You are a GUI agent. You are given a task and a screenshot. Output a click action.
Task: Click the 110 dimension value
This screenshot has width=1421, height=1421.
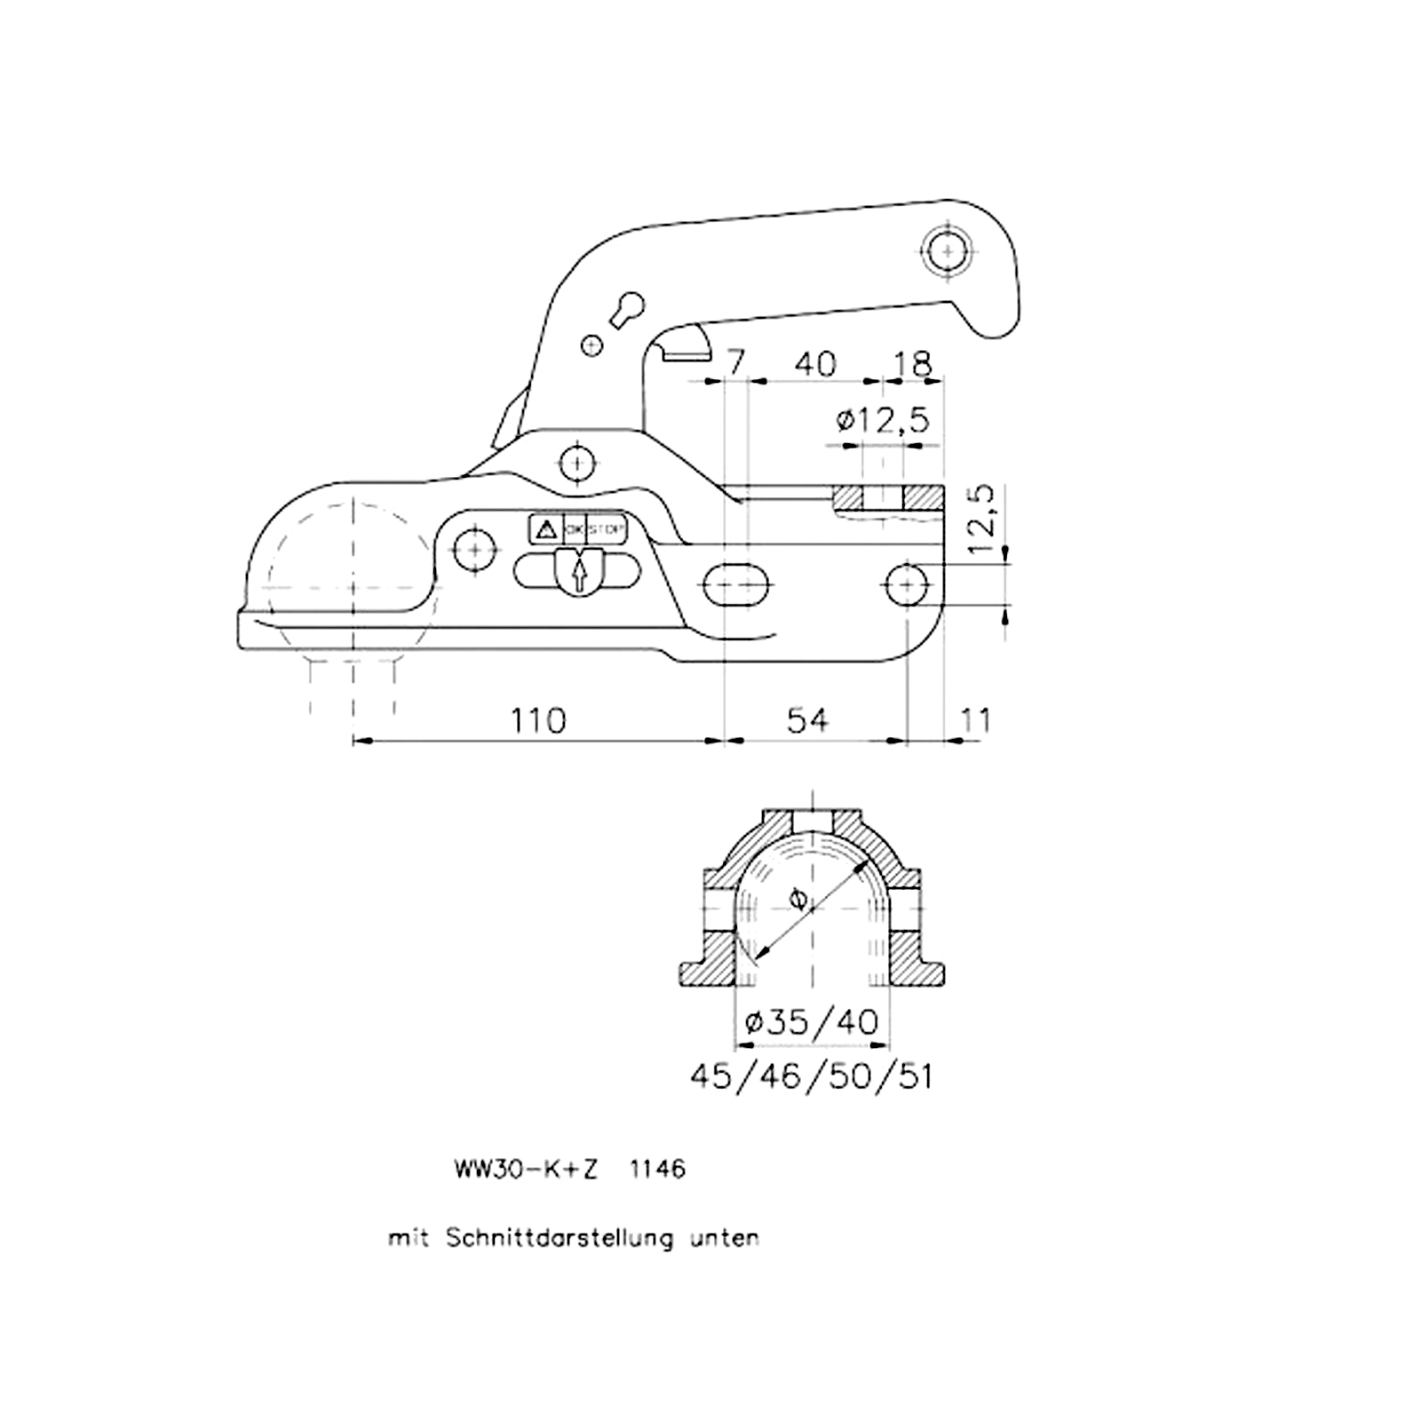coord(538,720)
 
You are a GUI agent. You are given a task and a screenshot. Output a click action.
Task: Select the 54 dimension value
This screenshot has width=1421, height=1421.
coord(807,720)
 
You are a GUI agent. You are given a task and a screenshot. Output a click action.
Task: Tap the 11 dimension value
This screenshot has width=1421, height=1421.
coord(975,720)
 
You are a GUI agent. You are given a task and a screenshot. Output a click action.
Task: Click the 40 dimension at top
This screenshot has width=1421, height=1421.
coord(815,363)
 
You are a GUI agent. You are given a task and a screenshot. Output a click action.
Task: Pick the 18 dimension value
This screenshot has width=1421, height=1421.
coord(913,363)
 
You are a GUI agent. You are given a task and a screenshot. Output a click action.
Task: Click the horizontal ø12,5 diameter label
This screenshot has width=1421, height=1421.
coord(883,419)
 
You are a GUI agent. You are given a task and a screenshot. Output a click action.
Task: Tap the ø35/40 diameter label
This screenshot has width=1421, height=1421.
coord(812,1022)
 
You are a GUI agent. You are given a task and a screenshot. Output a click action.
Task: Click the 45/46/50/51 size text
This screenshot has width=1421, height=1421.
coord(812,1077)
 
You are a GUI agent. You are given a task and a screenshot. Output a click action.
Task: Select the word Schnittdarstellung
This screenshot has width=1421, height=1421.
coord(560,1238)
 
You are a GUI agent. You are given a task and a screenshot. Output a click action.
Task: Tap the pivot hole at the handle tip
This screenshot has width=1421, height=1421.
coord(949,251)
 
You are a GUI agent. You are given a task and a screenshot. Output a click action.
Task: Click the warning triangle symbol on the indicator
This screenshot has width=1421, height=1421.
coord(546,530)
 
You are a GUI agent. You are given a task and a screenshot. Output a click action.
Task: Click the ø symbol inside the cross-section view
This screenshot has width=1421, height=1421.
coord(798,900)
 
